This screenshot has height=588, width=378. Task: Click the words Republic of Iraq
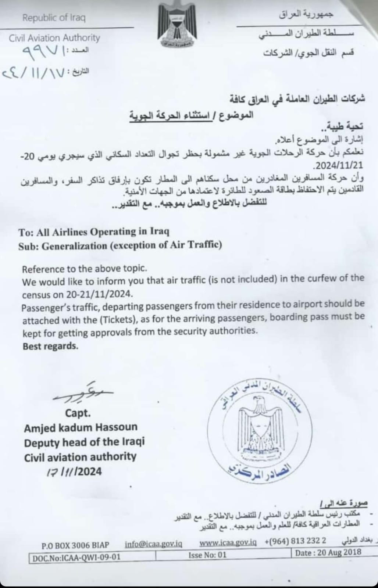54,18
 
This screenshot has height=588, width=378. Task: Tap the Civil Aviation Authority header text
54,37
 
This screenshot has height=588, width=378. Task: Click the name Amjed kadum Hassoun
81,427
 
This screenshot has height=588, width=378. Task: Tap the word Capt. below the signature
78,413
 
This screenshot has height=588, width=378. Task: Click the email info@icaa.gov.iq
153,544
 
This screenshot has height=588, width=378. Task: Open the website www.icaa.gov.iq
228,542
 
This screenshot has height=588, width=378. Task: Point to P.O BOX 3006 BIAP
75,545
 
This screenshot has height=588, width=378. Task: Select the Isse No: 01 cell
208,555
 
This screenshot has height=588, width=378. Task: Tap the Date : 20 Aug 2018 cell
328,552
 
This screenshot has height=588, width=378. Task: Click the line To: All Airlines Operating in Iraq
94,232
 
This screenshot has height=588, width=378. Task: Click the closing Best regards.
50,346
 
